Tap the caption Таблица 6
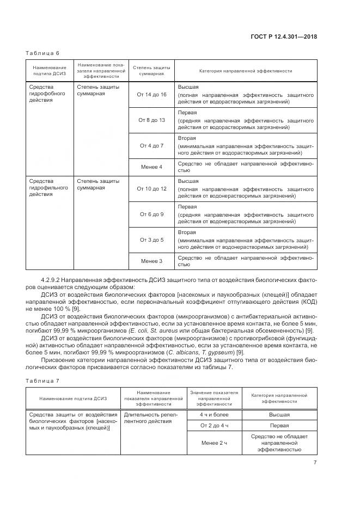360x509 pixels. point(42,53)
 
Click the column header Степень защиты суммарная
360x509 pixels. point(151,71)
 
